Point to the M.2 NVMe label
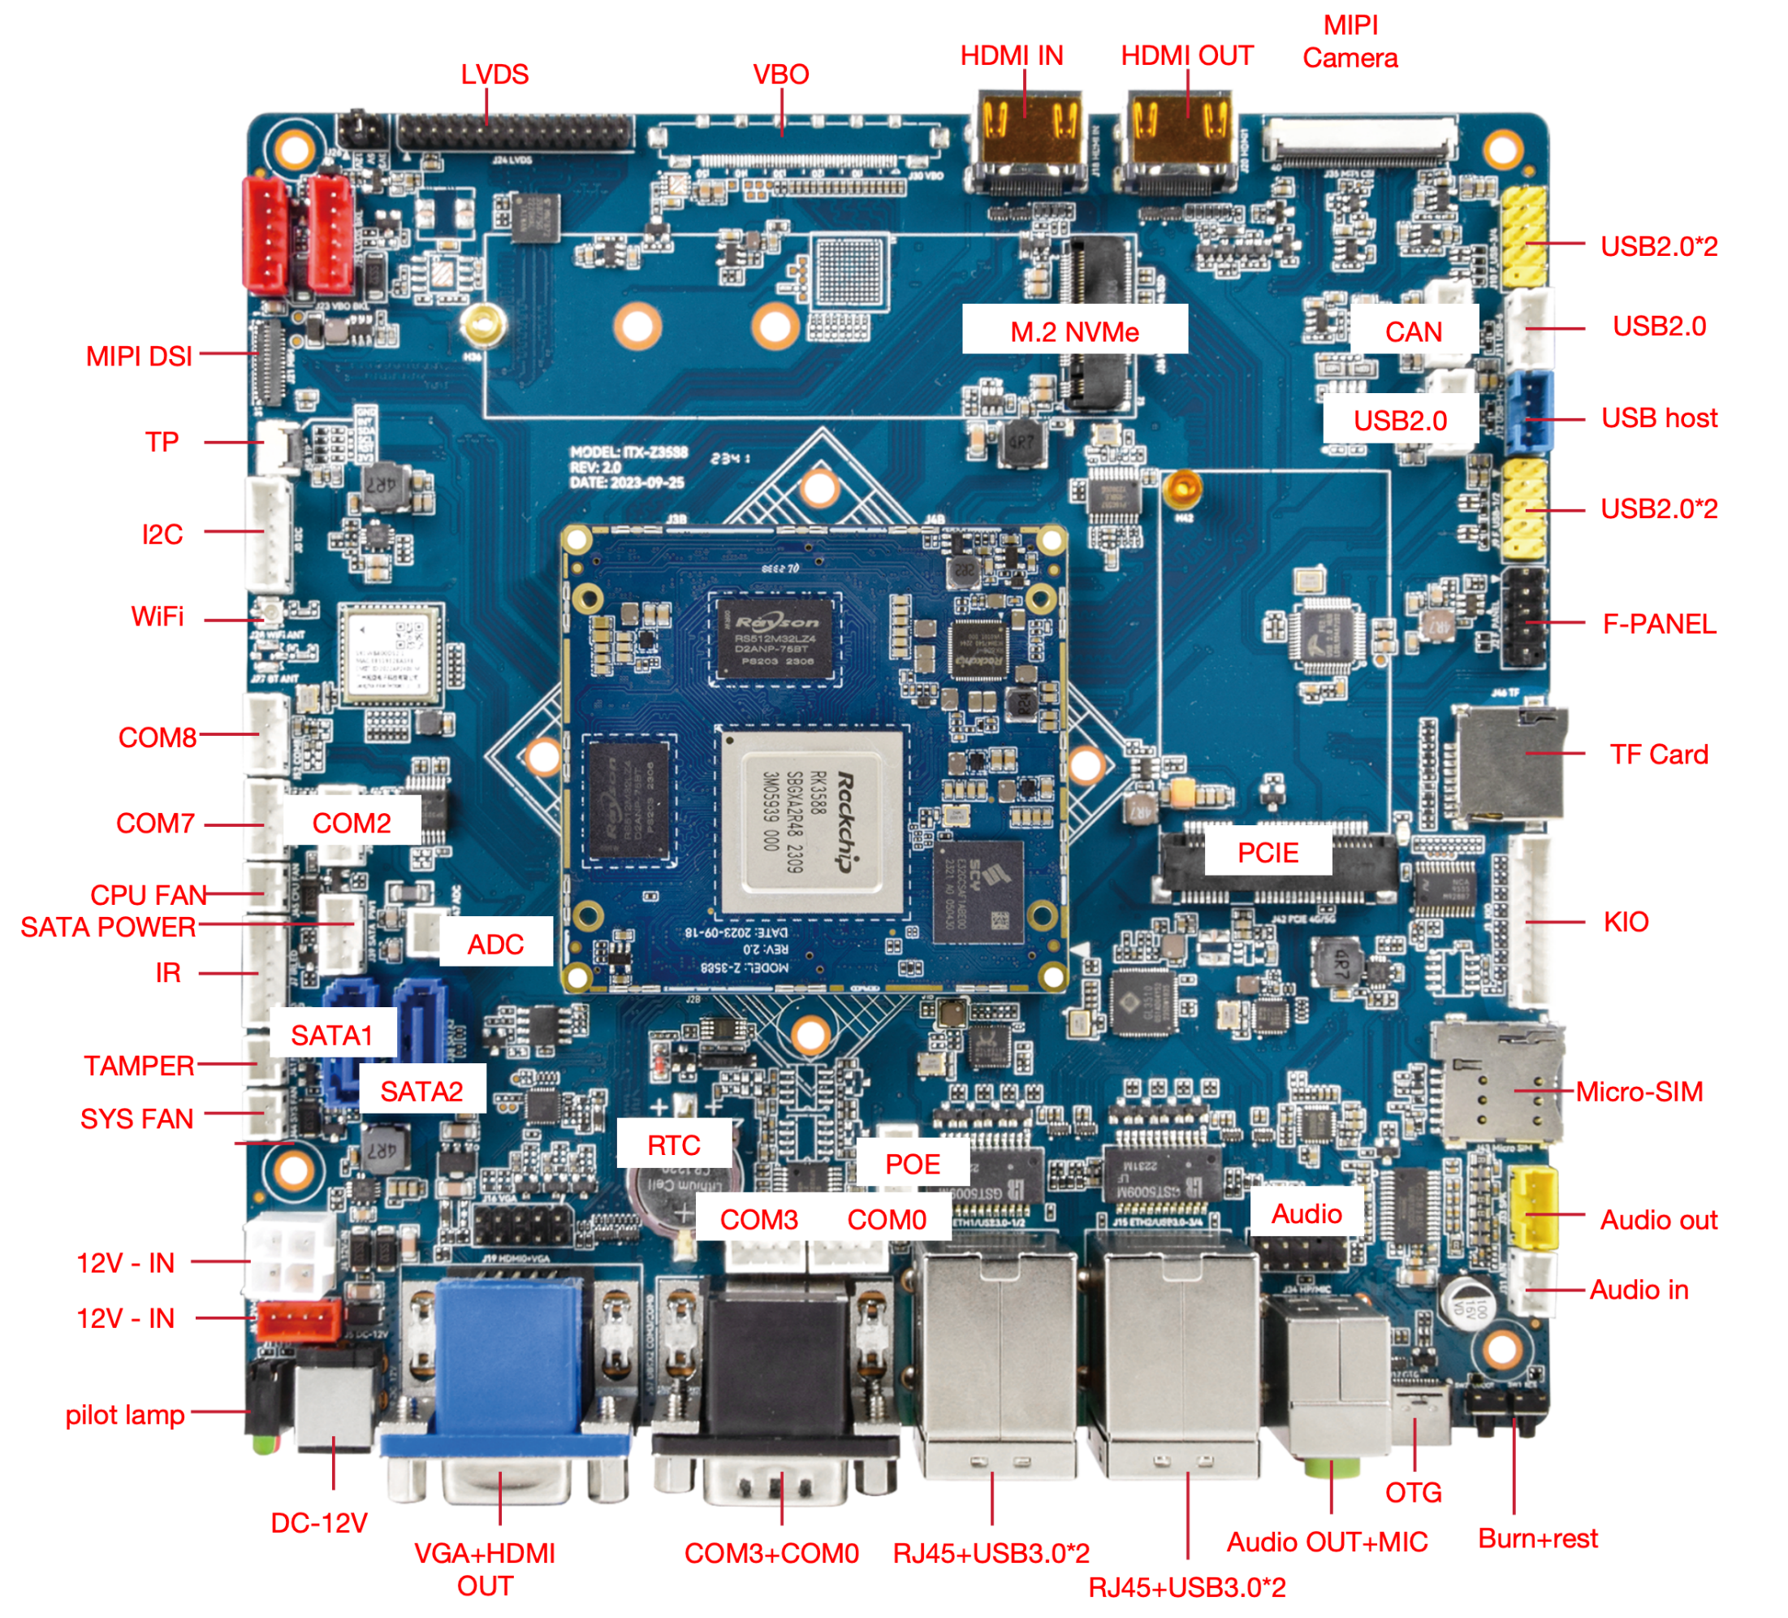[1074, 331]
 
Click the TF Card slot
[1508, 763]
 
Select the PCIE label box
[1268, 853]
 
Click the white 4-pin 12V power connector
[288, 1261]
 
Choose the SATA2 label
[421, 1090]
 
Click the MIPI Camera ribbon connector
[1358, 142]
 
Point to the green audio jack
[1330, 1468]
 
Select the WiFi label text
[157, 616]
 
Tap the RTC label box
[673, 1144]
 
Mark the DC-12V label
[318, 1522]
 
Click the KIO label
[1625, 922]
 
